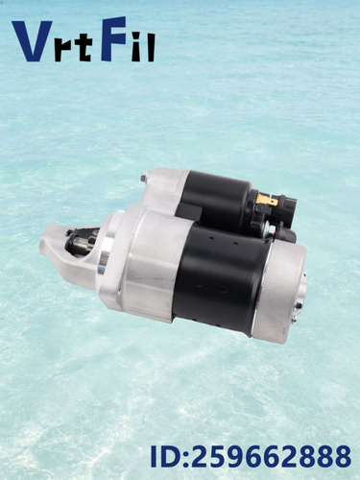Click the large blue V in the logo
(x=32, y=41)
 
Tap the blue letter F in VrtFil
(x=113, y=38)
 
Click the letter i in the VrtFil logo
(x=136, y=48)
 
